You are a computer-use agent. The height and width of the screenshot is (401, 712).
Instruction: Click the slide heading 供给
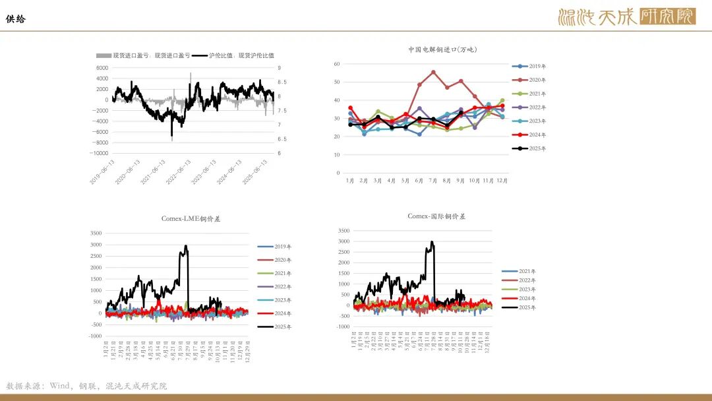click(16, 19)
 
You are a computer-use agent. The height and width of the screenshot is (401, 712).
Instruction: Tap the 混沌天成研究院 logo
click(626, 16)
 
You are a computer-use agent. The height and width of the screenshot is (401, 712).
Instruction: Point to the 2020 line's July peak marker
click(433, 72)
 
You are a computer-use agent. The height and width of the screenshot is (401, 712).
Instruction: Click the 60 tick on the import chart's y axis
click(336, 64)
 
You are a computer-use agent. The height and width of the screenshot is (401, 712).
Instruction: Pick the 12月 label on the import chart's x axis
click(501, 180)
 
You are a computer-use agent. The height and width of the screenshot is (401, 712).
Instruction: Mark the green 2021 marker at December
click(502, 101)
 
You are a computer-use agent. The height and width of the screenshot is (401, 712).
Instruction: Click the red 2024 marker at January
click(350, 108)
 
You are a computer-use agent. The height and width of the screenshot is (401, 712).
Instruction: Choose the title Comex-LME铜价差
click(191, 218)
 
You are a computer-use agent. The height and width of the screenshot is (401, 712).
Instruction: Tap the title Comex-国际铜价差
click(436, 216)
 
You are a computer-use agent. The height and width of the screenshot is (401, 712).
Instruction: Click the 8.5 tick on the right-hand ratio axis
click(282, 82)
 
